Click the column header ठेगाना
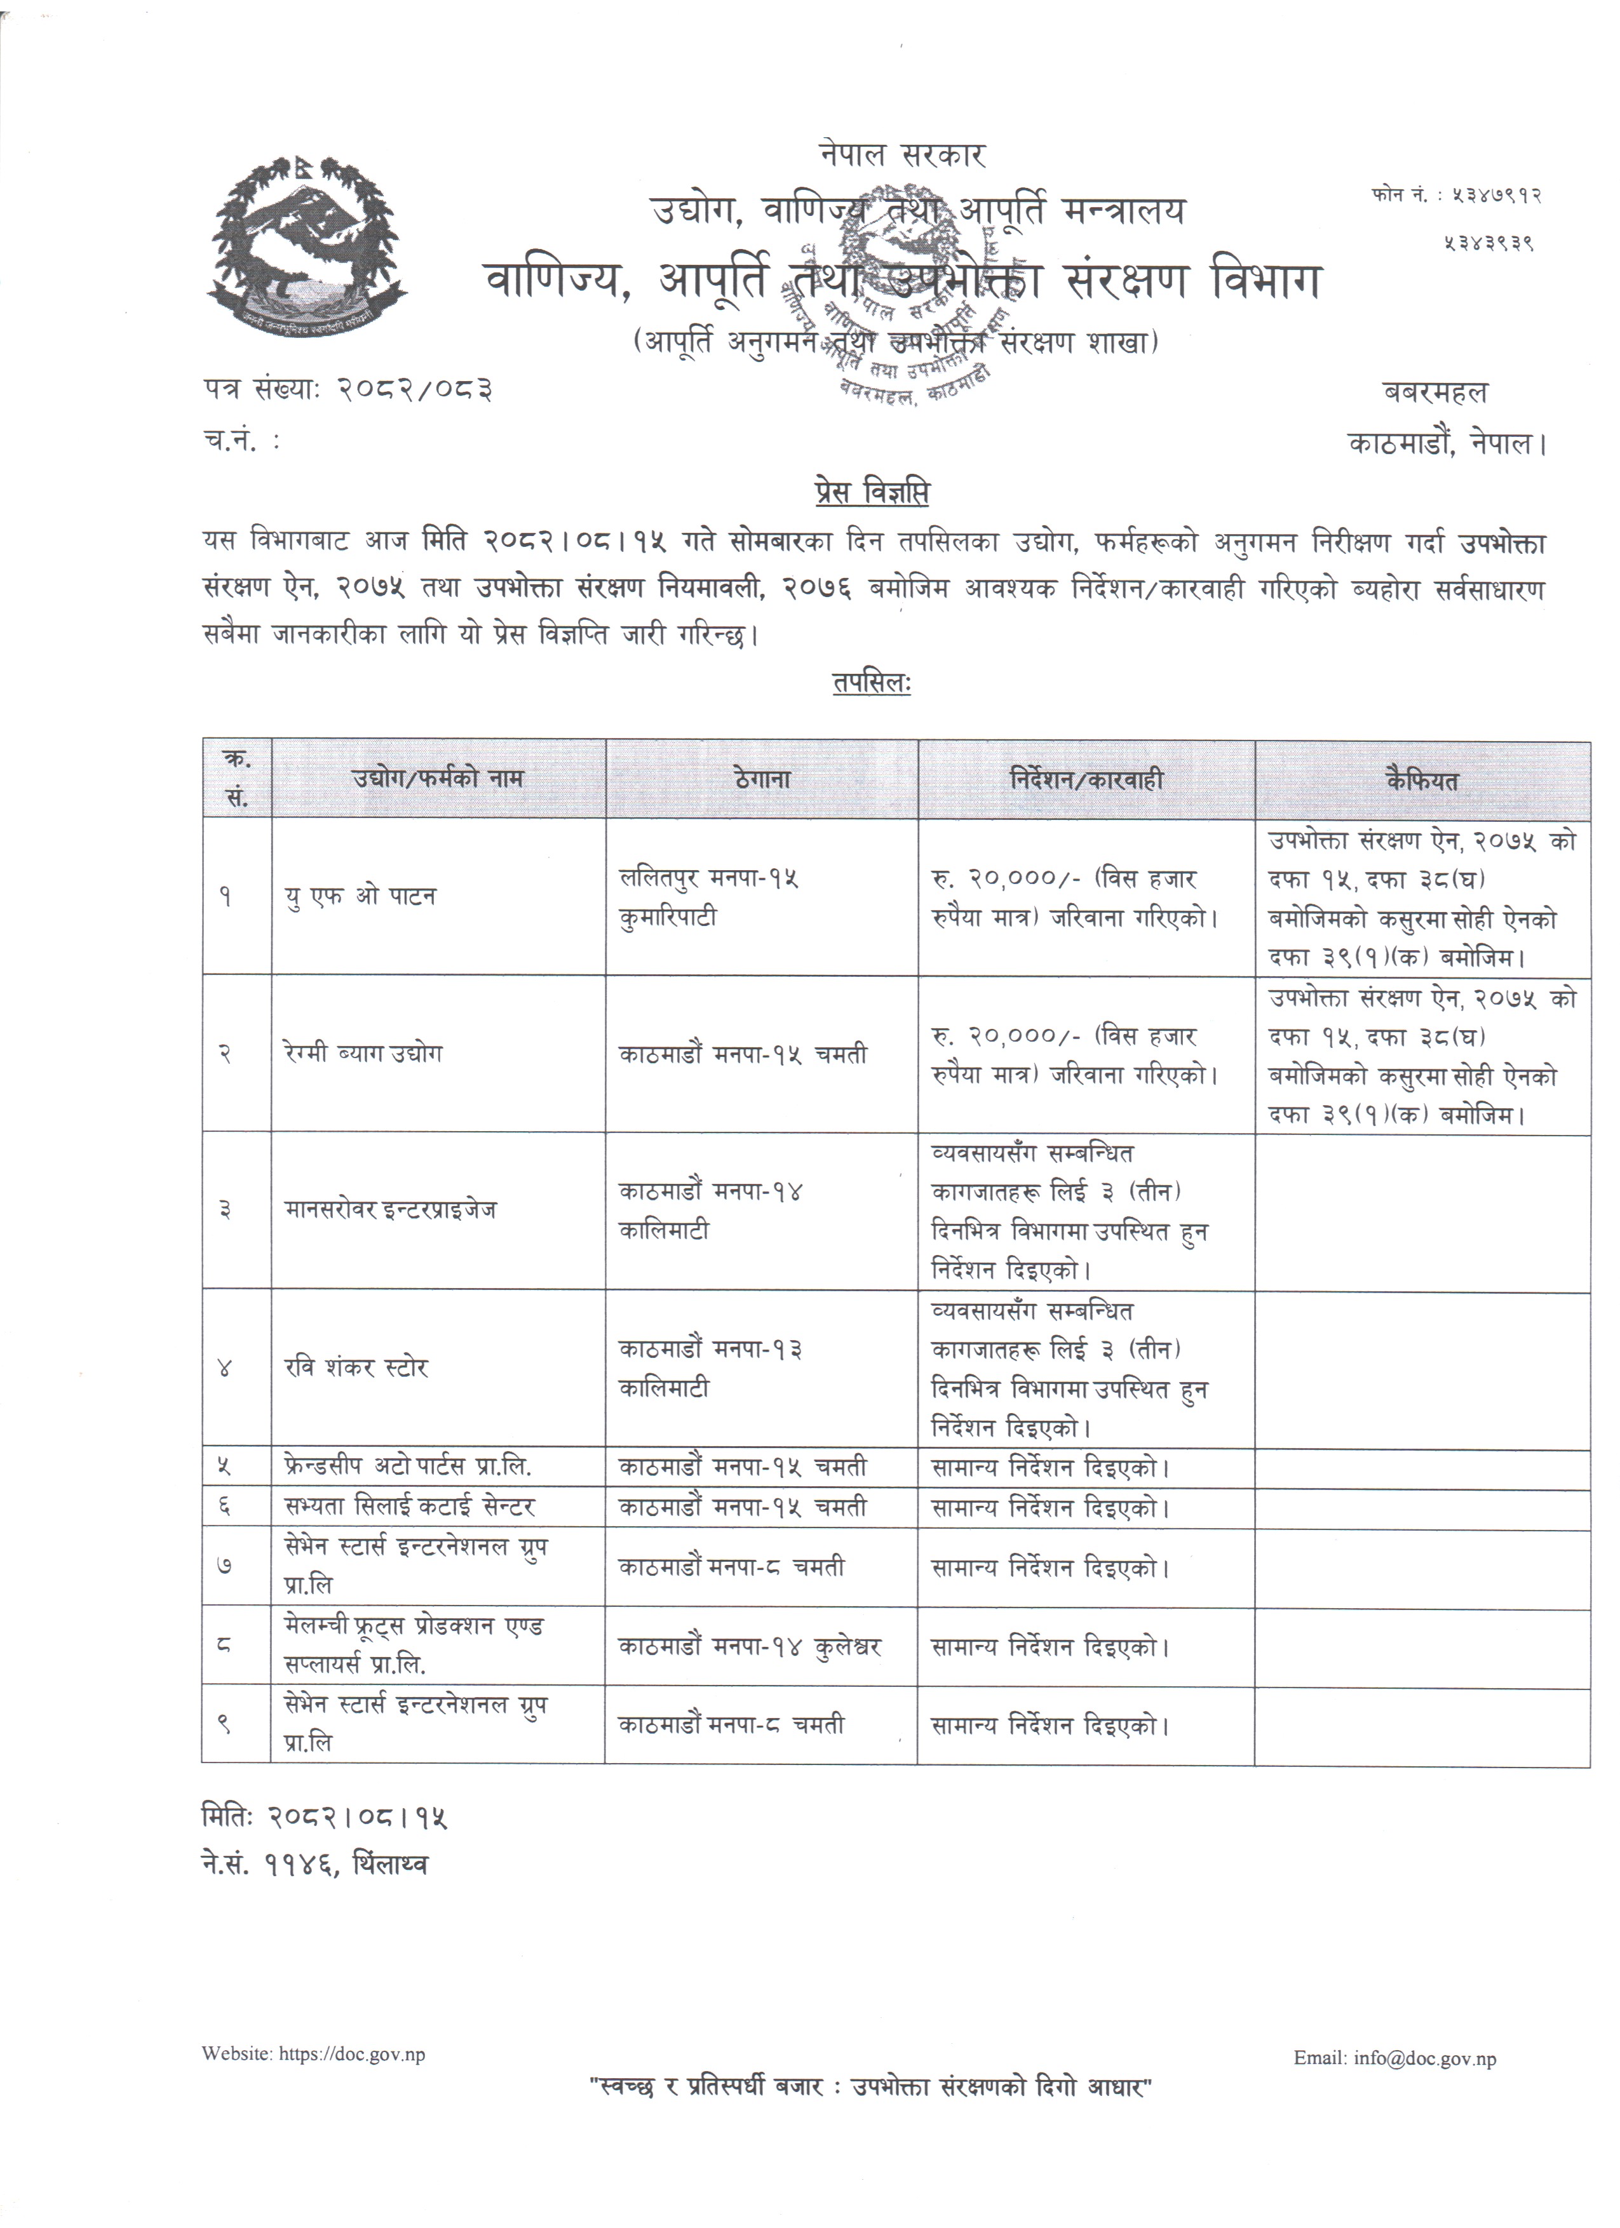pyautogui.click(x=761, y=780)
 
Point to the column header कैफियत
pyautogui.click(x=1422, y=780)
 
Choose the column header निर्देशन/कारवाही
pyautogui.click(x=1086, y=780)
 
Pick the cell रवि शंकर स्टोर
pyautogui.click(x=356, y=1367)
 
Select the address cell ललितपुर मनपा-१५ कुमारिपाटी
pyautogui.click(x=709, y=897)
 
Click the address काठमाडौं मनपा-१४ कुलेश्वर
pyautogui.click(x=750, y=1646)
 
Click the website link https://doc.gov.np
pyautogui.click(x=353, y=2054)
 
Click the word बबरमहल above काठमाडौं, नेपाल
pyautogui.click(x=1435, y=393)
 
